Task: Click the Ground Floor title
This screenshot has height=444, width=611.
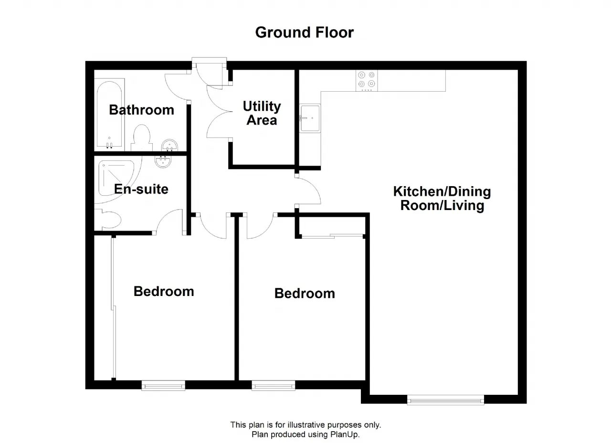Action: [x=305, y=33]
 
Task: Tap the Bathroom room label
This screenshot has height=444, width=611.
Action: [x=142, y=110]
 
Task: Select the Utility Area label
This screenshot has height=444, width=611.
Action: [x=262, y=113]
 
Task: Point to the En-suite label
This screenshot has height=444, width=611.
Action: [x=141, y=189]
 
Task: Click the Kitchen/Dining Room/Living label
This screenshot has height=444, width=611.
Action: [x=442, y=198]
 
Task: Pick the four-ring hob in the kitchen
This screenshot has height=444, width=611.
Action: [x=367, y=81]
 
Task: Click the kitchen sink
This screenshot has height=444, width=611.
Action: [x=310, y=118]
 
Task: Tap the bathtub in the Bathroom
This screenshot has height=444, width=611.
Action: [x=109, y=115]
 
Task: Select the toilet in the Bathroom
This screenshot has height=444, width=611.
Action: [x=142, y=137]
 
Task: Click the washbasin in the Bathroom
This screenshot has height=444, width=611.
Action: [x=169, y=145]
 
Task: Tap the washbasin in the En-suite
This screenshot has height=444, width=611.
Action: [x=163, y=161]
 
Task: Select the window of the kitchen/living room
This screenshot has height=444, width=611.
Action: [x=445, y=400]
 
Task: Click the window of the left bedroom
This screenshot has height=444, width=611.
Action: [x=163, y=386]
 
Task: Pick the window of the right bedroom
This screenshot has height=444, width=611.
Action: [x=274, y=386]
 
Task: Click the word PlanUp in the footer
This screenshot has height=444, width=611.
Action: [x=345, y=434]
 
